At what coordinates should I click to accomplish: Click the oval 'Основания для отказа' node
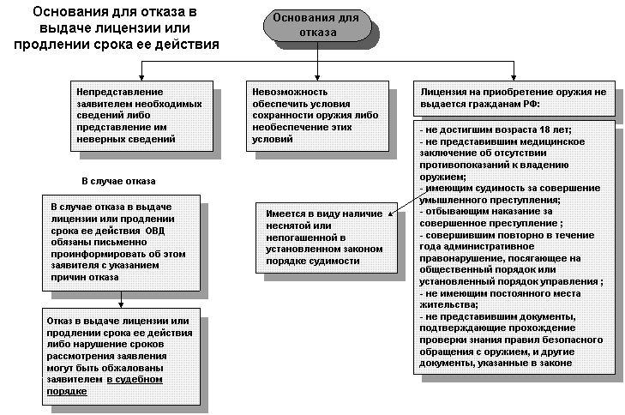click(x=317, y=26)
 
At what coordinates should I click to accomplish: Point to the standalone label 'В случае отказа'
click(x=118, y=181)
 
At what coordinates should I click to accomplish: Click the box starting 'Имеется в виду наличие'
click(x=321, y=237)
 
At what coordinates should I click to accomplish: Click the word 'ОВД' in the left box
click(x=155, y=231)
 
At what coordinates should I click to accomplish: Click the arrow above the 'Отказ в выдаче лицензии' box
click(x=123, y=301)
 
